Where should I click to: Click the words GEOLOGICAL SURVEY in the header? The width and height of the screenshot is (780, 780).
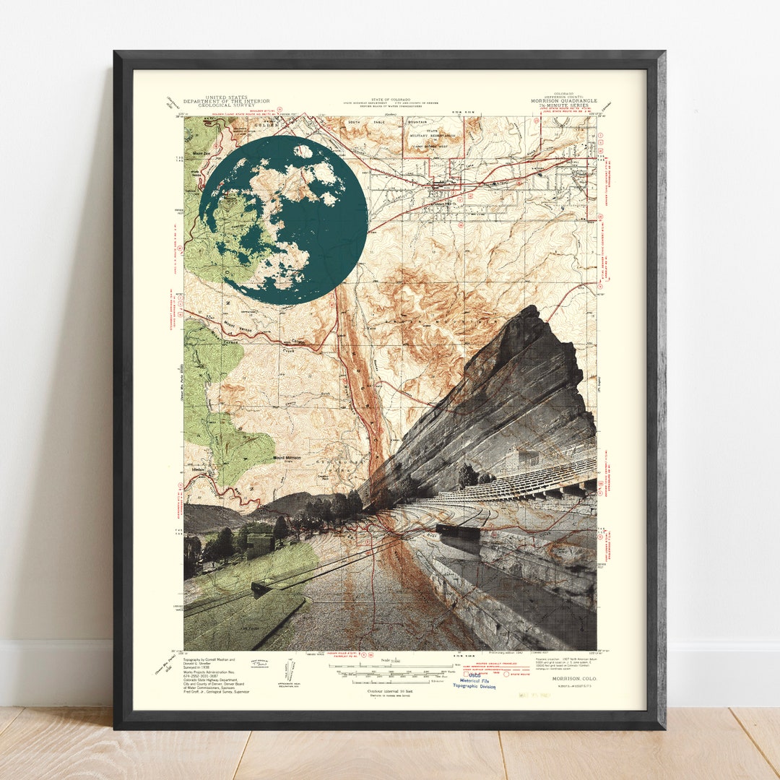(215, 105)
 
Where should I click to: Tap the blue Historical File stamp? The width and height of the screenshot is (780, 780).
(474, 682)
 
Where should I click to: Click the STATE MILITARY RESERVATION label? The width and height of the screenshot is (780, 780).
(433, 134)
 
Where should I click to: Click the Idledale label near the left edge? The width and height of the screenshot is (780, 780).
(193, 469)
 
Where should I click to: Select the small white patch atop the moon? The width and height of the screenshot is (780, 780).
(303, 152)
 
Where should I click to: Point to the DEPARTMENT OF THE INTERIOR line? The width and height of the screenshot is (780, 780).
(215, 101)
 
